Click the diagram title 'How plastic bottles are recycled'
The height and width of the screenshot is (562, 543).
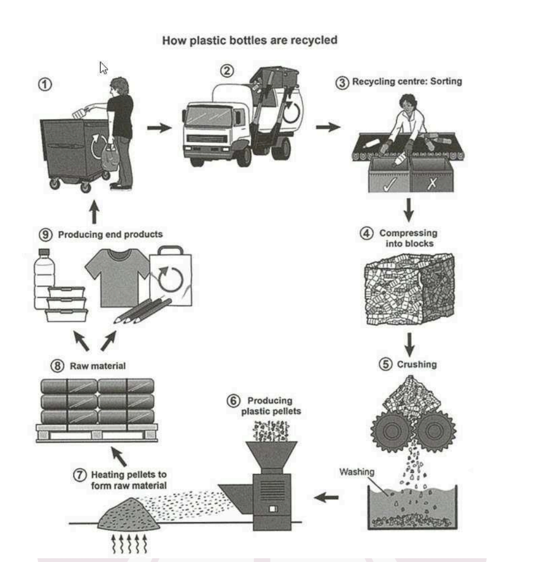pyautogui.click(x=250, y=40)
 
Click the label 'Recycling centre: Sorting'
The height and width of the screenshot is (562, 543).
pyautogui.click(x=406, y=82)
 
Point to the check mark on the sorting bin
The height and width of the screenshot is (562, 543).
pyautogui.click(x=389, y=181)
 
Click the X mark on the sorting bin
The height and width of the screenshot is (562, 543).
pyautogui.click(x=432, y=181)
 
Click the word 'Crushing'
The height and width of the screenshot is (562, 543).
pyautogui.click(x=416, y=364)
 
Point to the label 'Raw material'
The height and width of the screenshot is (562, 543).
pyautogui.click(x=97, y=366)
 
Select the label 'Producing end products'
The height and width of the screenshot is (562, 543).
pyautogui.click(x=110, y=235)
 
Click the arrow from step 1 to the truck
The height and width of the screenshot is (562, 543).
pyautogui.click(x=159, y=128)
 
